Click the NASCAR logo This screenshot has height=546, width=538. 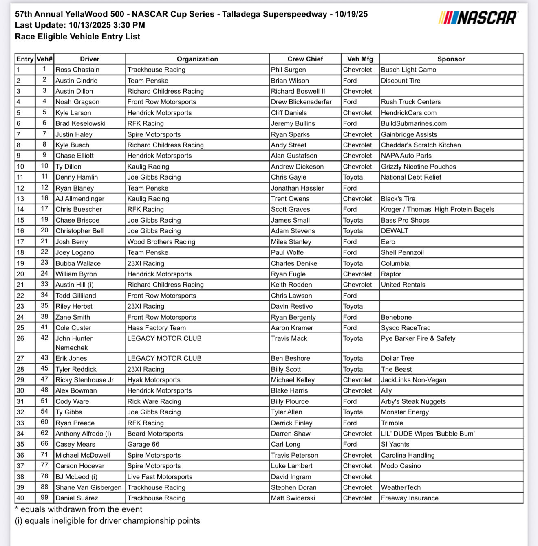(x=478, y=18)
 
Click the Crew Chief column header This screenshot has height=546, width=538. (x=305, y=59)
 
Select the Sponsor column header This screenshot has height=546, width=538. (x=451, y=59)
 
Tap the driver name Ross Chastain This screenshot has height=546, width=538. (x=77, y=70)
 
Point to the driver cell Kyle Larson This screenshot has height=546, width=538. (x=73, y=113)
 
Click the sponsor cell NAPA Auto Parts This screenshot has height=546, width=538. (x=406, y=156)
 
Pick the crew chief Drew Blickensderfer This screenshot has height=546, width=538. (x=301, y=102)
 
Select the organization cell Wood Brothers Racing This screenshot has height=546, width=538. (x=161, y=242)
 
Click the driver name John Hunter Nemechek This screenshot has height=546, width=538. (x=74, y=343)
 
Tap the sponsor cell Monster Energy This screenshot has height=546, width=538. (x=405, y=412)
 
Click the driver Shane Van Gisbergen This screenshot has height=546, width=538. (x=88, y=487)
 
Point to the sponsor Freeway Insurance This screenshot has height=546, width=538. (x=410, y=498)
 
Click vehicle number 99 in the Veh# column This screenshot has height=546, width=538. (x=44, y=498)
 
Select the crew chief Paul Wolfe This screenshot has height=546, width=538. (x=287, y=252)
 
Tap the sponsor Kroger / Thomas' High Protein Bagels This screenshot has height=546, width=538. (x=437, y=209)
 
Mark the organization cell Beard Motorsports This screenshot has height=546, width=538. (x=155, y=434)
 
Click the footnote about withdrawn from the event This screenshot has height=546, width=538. (x=79, y=509)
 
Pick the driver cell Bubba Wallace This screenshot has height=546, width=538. (x=78, y=263)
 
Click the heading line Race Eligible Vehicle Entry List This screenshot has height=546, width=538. (x=77, y=37)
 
